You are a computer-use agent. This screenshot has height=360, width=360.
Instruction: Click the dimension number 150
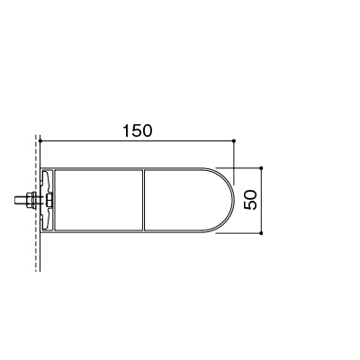coord(138,130)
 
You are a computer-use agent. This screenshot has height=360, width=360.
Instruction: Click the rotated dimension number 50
coord(251,200)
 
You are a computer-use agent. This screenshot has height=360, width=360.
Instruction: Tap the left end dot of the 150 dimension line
coord(40,140)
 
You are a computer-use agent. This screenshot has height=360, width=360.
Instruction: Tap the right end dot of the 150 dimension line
coord(234,140)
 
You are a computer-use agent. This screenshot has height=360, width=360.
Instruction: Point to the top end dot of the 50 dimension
coord(261,167)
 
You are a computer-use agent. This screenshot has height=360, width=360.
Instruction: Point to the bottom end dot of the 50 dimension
coord(261,233)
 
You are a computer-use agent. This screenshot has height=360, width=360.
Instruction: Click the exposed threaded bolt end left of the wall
coord(20,200)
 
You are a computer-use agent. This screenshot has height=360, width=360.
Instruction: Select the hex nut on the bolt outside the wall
coord(29,200)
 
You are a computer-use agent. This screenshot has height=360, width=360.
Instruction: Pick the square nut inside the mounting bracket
coord(49,200)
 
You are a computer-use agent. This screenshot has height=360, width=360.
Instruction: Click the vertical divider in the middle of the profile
coord(143,200)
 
